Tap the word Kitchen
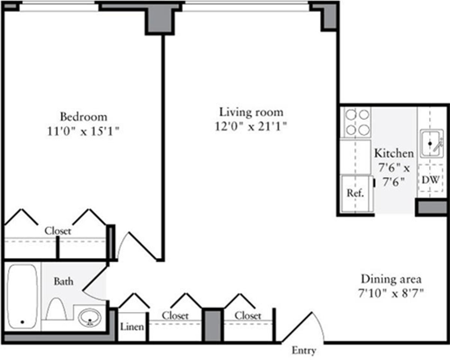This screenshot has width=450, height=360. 394,153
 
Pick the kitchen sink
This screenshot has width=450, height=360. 431,143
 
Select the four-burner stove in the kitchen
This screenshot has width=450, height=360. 357,122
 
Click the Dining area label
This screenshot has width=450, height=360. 391,279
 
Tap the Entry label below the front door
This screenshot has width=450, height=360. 304,351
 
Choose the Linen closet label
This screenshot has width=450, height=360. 132,327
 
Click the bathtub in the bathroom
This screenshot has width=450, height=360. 22,296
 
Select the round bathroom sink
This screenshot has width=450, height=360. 89,318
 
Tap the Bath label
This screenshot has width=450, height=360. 63,281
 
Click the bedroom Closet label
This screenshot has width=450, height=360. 58,231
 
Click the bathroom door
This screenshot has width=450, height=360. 94,281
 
